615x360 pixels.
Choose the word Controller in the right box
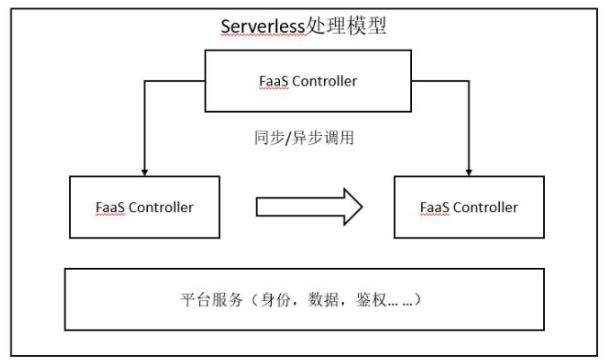pos(487,207)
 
